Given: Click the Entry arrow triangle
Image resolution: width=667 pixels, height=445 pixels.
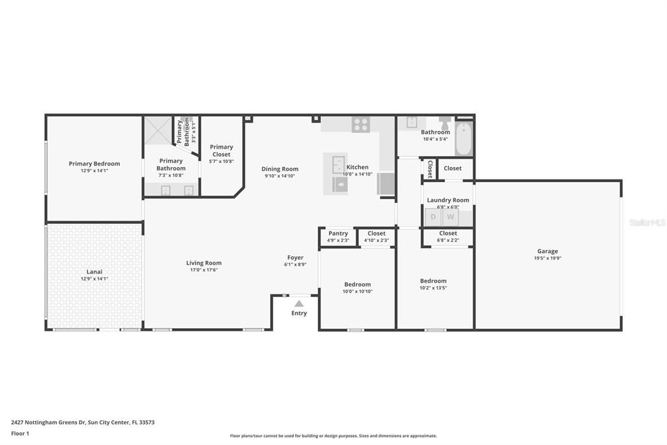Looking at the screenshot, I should tap(298, 303).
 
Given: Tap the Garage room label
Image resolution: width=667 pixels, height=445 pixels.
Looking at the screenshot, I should tap(547, 251).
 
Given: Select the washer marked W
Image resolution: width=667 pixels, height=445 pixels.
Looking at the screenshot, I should tap(450, 217).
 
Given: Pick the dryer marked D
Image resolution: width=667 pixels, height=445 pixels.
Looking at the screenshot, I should tap(433, 217).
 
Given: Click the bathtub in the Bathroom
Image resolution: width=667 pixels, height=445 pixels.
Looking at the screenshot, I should tap(463, 138).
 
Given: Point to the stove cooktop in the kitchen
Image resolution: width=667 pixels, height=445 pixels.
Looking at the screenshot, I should tap(361, 124).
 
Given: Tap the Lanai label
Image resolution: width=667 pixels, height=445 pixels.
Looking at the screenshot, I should tap(94, 271).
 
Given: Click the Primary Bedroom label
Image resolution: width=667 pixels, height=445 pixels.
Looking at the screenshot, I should tap(94, 164).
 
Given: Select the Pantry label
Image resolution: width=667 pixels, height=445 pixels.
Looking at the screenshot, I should tap(338, 234).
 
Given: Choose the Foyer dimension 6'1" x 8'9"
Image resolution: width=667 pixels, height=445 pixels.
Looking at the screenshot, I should tap(295, 265).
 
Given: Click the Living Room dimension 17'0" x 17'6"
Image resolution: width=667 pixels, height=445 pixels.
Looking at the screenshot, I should tap(204, 270).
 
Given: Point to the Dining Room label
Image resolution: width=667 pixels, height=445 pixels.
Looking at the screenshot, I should tap(280, 169).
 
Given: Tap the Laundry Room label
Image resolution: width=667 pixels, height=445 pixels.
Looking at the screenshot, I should tap(448, 200).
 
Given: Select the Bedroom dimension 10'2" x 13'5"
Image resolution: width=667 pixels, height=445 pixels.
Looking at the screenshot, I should tap(433, 288).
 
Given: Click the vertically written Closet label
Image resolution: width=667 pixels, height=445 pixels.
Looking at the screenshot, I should tap(430, 168).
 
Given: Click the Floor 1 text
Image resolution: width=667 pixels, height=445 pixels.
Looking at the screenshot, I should tap(20, 433).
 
